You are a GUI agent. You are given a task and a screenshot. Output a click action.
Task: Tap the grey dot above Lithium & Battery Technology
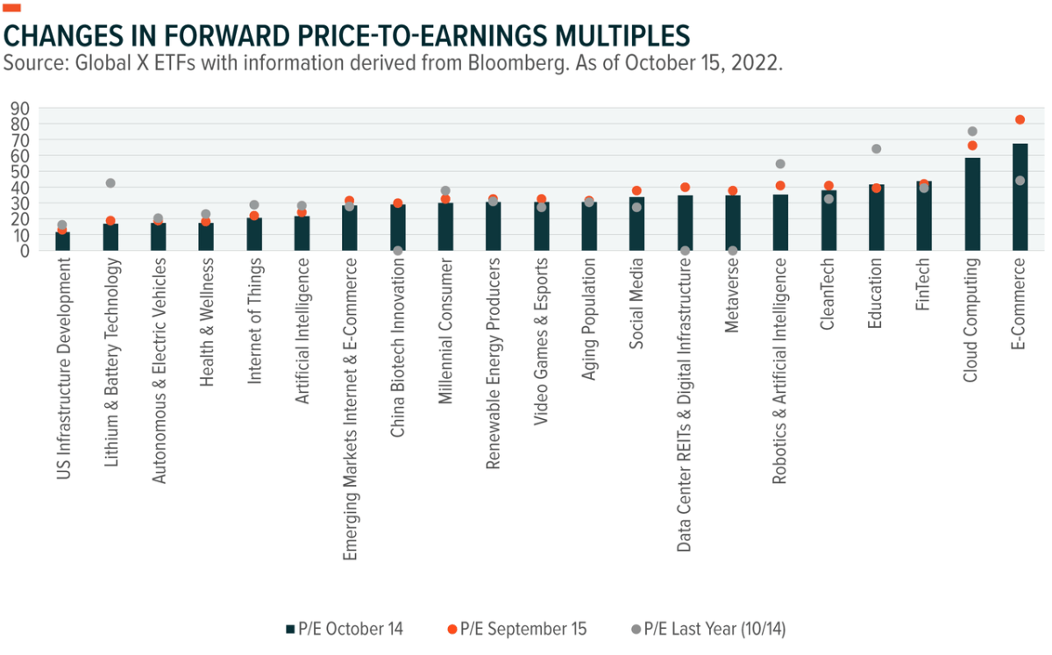[110, 183]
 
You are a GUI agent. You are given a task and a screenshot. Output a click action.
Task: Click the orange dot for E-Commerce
[1020, 119]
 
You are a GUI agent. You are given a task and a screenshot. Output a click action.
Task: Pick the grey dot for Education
[876, 149]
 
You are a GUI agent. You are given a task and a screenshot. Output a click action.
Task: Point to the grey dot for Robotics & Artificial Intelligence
[780, 164]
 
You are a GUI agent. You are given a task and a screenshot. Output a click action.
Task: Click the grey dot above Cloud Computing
[972, 132]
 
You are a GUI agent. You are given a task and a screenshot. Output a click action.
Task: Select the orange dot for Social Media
[637, 190]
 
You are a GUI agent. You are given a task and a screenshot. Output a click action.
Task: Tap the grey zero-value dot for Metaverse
[733, 250]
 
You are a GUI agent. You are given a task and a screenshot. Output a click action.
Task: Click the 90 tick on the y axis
[18, 108]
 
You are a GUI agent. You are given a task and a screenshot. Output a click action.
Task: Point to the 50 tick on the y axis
[18, 172]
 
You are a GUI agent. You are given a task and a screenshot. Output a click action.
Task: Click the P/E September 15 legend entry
[515, 629]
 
